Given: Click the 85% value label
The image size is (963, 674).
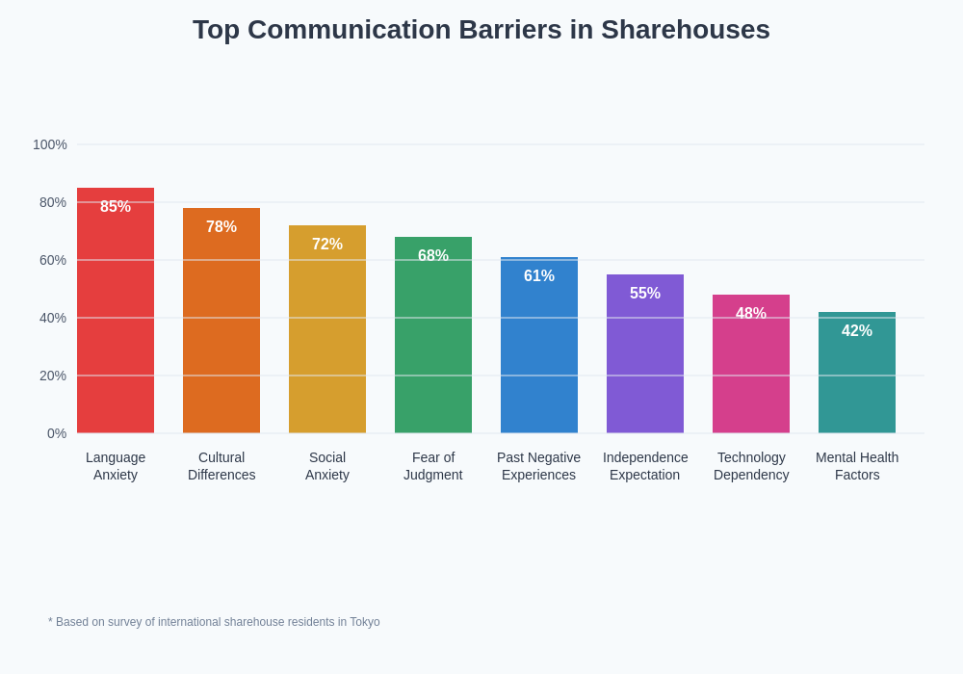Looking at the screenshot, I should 116,207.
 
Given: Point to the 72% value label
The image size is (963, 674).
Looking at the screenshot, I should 327,245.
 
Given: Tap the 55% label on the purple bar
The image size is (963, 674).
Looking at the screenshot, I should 645,294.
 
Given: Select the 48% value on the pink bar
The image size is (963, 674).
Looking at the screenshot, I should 751,314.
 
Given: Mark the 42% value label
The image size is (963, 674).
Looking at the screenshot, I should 857,331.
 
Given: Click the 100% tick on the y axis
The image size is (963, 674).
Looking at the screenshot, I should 50,144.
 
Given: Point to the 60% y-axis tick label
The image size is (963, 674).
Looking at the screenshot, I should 53,260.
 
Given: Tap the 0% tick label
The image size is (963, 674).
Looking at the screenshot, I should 57,433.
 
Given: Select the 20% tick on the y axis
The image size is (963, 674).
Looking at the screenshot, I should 53,376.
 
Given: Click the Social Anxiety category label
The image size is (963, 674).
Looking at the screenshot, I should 327,466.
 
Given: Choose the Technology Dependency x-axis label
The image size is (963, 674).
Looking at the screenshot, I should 751,466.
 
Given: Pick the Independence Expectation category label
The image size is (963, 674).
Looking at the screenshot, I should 645,466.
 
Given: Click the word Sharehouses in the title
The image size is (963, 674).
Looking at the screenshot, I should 685,30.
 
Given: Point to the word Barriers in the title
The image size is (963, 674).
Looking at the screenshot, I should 509,30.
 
